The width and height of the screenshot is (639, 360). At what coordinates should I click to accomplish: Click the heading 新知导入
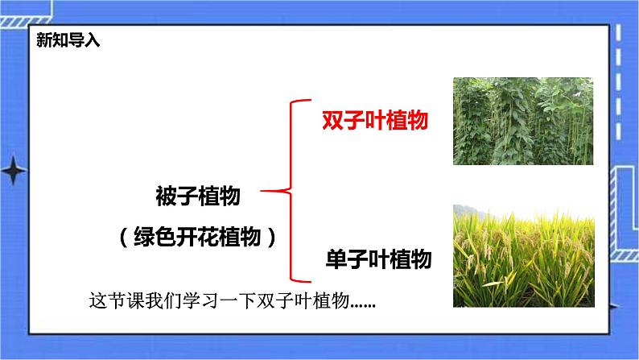68,41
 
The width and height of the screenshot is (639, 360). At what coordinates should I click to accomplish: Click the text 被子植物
197,195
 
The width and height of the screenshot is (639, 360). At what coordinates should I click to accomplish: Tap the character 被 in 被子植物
166,195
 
